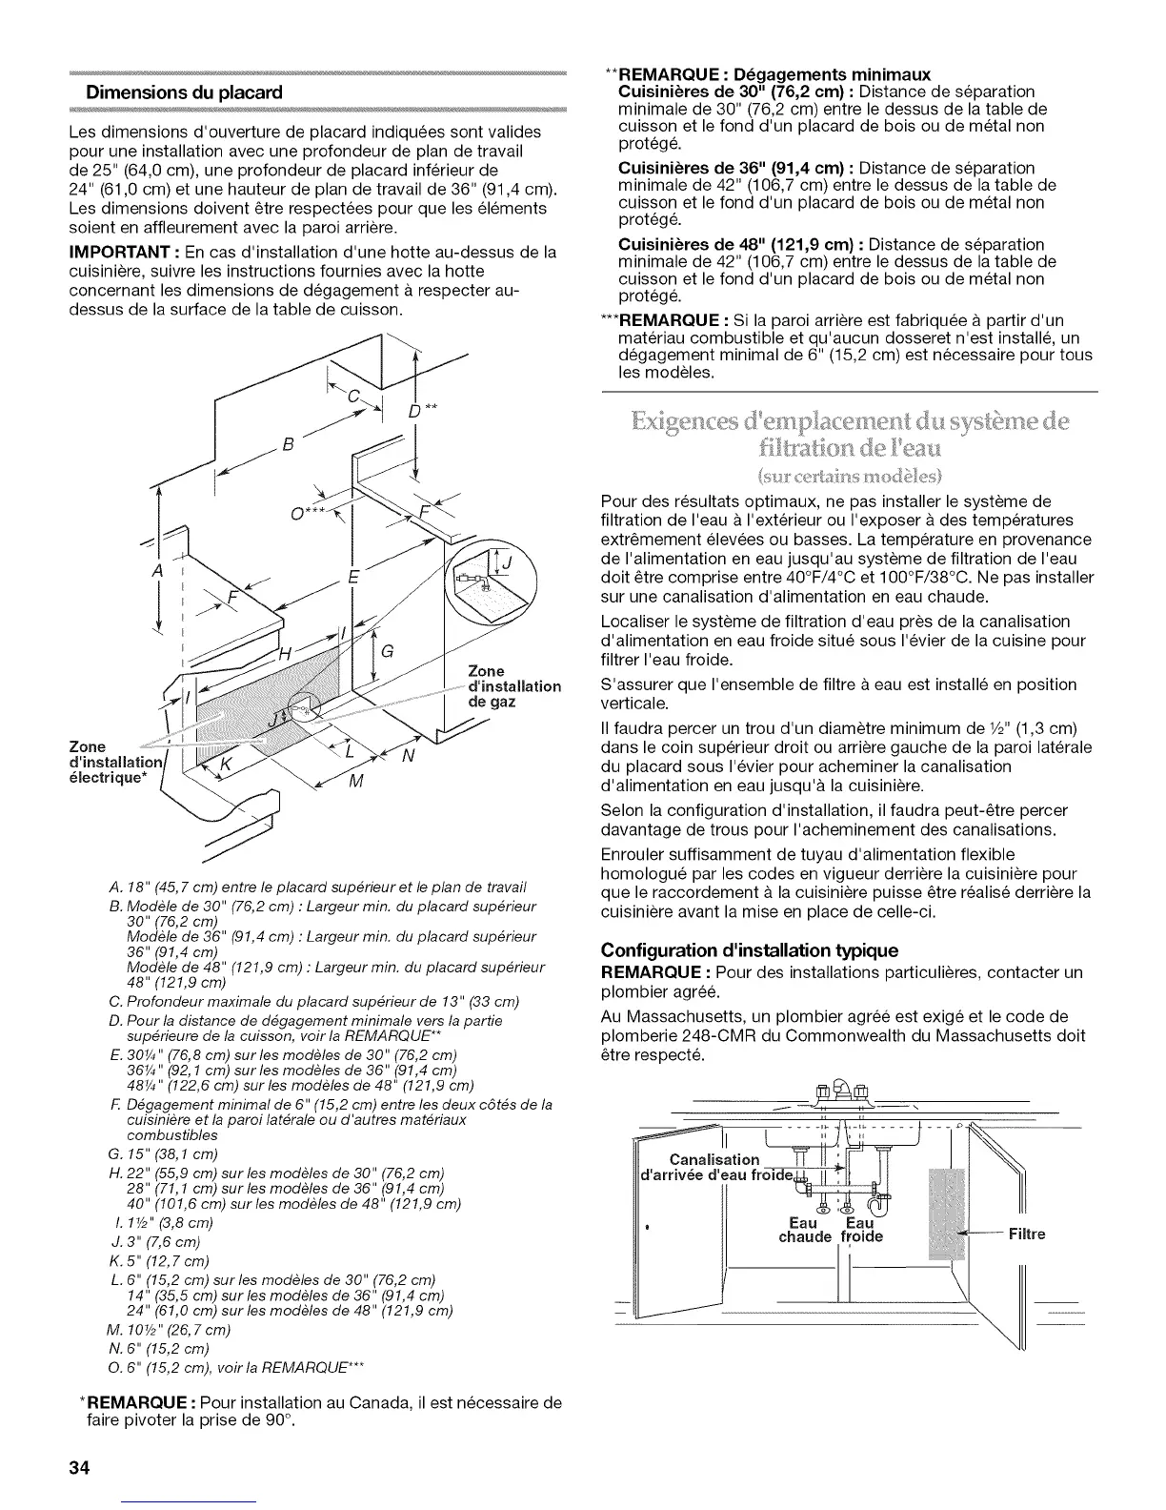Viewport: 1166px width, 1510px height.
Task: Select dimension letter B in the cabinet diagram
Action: [x=288, y=445]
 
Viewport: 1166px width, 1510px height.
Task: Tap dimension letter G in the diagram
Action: [x=387, y=653]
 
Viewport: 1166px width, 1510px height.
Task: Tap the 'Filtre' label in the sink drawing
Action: [x=1028, y=1234]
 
